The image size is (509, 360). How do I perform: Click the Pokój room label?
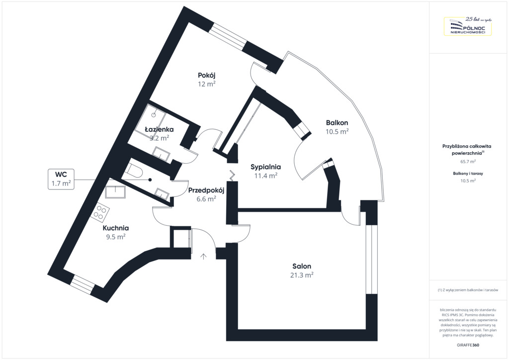click(x=206, y=75)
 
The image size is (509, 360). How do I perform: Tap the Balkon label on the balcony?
click(x=337, y=122)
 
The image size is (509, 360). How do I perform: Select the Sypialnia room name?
click(x=265, y=167)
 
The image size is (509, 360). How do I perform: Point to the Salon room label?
click(x=302, y=267)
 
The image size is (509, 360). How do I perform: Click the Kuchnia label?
click(x=116, y=228)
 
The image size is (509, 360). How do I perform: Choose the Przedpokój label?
click(x=206, y=190)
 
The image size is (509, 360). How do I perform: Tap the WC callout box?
click(x=61, y=179)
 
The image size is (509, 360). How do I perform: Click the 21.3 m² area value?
click(x=302, y=275)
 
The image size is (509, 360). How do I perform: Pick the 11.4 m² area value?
click(x=265, y=176)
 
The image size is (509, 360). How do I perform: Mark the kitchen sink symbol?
click(x=116, y=191)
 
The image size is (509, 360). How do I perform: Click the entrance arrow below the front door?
click(x=203, y=256)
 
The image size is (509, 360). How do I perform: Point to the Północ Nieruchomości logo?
click(x=467, y=26)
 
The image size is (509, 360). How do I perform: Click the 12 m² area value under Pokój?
click(x=206, y=84)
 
